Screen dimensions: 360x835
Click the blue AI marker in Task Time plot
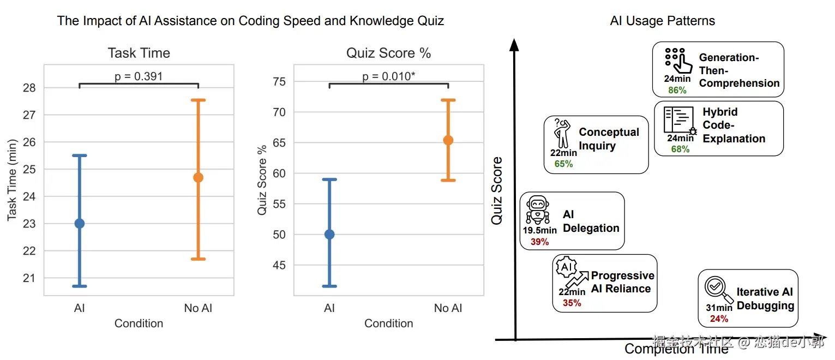point(80,223)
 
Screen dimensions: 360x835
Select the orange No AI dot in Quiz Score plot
point(448,140)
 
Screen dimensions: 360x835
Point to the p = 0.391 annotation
point(139,76)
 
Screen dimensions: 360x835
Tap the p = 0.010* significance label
point(388,76)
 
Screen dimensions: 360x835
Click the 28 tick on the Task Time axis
point(29,88)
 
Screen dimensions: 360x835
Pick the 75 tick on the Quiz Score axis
point(279,82)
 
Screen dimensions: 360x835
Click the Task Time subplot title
point(139,53)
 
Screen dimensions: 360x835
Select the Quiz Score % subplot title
point(388,53)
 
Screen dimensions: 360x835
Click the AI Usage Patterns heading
point(662,21)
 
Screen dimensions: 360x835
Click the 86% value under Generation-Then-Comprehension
point(677,90)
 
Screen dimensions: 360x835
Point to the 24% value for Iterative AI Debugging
point(719,319)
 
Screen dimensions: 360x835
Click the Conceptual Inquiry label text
point(608,139)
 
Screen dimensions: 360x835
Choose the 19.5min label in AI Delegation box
point(540,231)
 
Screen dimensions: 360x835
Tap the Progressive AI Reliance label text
point(622,282)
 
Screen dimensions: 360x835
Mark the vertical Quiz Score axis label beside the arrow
point(496,191)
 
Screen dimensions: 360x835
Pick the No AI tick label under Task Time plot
point(198,308)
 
